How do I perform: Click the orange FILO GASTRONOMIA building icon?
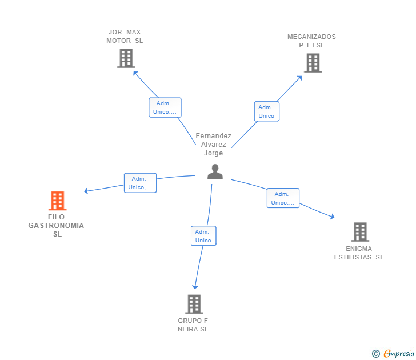tap(57, 201)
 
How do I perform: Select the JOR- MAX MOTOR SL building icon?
tap(126, 58)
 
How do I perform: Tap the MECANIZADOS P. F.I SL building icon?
tap(313, 63)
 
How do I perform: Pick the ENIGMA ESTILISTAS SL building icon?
tap(360, 232)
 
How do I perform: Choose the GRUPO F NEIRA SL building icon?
tap(194, 304)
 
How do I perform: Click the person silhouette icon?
tap(215, 172)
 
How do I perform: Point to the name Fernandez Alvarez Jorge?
tap(214, 145)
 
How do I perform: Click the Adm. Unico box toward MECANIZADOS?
tap(267, 111)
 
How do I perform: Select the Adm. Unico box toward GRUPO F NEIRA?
tap(203, 236)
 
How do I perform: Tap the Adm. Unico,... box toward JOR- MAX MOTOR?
tap(165, 107)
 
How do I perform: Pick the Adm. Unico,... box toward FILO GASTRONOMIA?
tap(141, 183)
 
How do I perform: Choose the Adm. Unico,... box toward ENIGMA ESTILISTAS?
tap(283, 198)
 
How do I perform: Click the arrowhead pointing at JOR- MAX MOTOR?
tap(135, 73)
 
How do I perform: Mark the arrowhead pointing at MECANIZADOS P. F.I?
tap(299, 78)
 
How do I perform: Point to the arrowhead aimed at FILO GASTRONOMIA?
tap(86, 191)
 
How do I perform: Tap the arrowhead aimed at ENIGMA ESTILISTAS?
tap(332, 217)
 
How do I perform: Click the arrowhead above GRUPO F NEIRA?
tap(195, 287)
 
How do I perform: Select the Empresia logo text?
tap(399, 353)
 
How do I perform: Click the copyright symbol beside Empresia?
tap(375, 354)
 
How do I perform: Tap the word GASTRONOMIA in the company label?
tap(56, 226)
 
